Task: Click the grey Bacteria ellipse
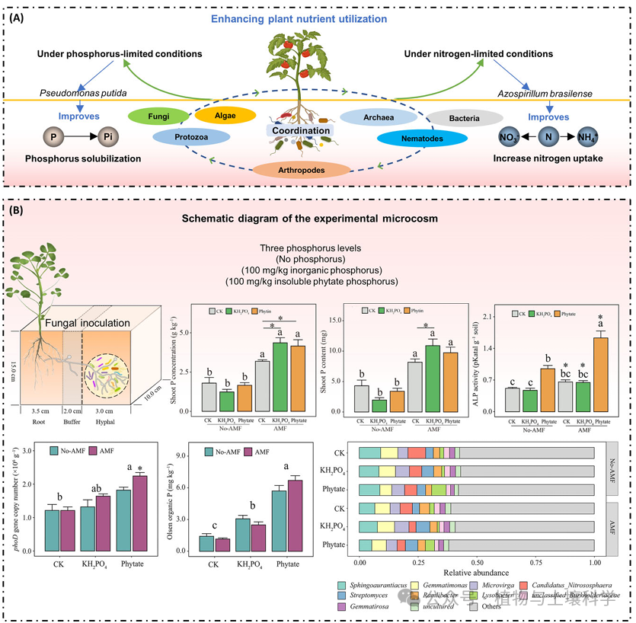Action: (x=464, y=119)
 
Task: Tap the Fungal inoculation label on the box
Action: (x=88, y=323)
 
